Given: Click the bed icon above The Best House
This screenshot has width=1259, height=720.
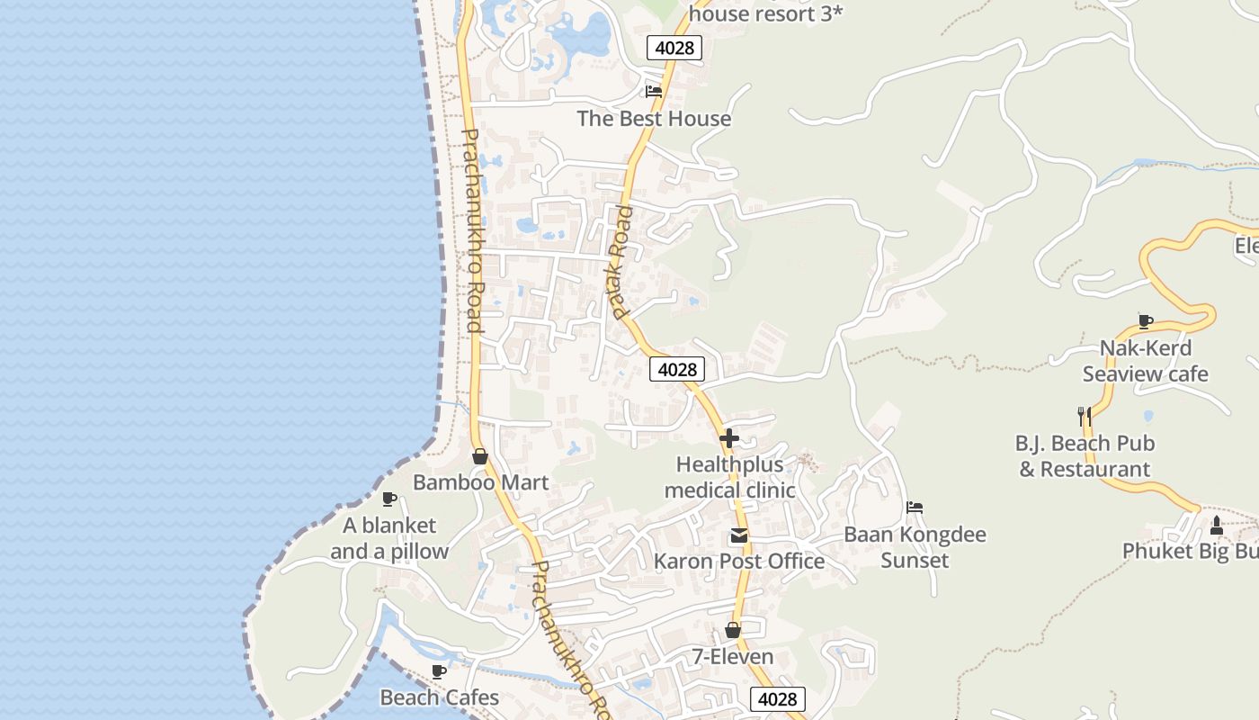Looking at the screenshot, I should tap(654, 92).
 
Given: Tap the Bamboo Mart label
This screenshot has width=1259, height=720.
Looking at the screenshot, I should tap(480, 482).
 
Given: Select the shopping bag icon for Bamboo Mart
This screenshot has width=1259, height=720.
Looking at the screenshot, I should tap(480, 456).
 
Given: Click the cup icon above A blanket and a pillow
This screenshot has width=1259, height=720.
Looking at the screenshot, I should tap(389, 499).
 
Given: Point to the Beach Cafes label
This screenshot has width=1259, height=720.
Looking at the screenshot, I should tap(439, 697).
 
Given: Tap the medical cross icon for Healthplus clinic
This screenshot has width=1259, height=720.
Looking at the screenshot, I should tap(729, 438).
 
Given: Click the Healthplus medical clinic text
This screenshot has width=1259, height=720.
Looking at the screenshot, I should tap(729, 477).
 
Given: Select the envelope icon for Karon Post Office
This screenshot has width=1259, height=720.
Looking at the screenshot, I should tap(739, 536).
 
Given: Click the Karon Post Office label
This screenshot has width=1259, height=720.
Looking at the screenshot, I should tap(739, 561).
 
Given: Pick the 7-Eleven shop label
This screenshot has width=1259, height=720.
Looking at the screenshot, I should tap(733, 656).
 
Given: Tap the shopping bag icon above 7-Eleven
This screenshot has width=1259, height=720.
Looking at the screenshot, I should tap(733, 630).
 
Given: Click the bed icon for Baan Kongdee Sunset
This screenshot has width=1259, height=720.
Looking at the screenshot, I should tap(915, 508).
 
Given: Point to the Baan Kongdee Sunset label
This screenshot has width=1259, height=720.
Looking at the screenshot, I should tap(915, 547).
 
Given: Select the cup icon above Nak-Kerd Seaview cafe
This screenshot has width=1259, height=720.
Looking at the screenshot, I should tap(1146, 320).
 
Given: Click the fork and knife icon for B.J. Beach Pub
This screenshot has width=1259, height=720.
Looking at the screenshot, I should tap(1085, 416).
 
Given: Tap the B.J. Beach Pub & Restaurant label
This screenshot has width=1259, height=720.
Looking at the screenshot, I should tap(1085, 455).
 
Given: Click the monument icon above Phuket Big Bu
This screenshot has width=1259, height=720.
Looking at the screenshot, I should tap(1217, 525).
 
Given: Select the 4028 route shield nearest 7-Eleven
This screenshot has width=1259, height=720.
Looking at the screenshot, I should tap(778, 699).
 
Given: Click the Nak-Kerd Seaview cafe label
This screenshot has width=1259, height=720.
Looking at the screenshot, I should tap(1146, 361).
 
